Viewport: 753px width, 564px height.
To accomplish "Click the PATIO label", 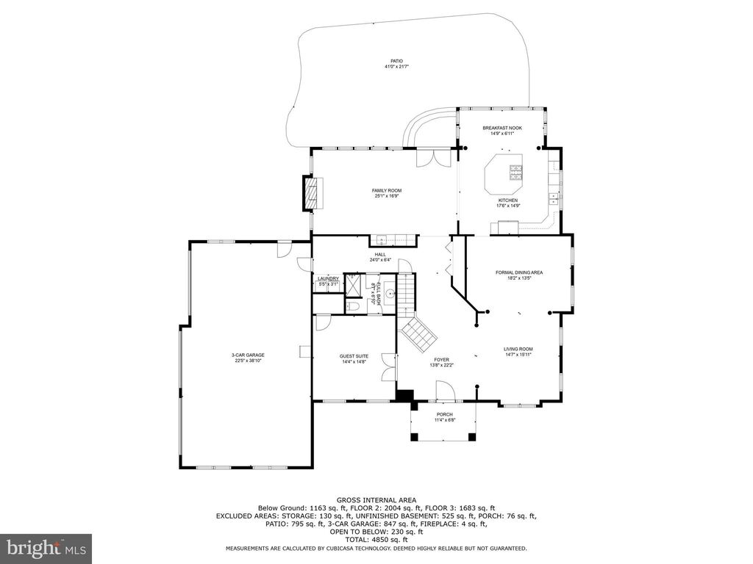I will coord(396,61).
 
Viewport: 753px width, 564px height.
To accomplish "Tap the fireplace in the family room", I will coord(313,193).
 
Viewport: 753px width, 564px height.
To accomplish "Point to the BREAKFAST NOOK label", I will coord(502,128).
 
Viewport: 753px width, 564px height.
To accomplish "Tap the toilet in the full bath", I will coord(352,306).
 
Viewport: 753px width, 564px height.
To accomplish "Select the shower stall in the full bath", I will coord(354,283).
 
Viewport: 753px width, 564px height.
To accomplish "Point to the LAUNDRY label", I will coord(328,279).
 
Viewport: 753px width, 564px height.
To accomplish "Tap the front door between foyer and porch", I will coord(445,392).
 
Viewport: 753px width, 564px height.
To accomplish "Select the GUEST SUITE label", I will coord(354,356).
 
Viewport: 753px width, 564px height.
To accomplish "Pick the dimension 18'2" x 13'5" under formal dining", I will coord(519,278).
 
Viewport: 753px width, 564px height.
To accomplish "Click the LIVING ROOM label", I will coord(518,349).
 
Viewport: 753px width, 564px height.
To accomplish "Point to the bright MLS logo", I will coord(46,548).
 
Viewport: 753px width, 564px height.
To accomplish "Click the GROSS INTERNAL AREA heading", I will coord(376,499).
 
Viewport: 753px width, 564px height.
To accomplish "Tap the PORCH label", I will coord(443,414).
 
